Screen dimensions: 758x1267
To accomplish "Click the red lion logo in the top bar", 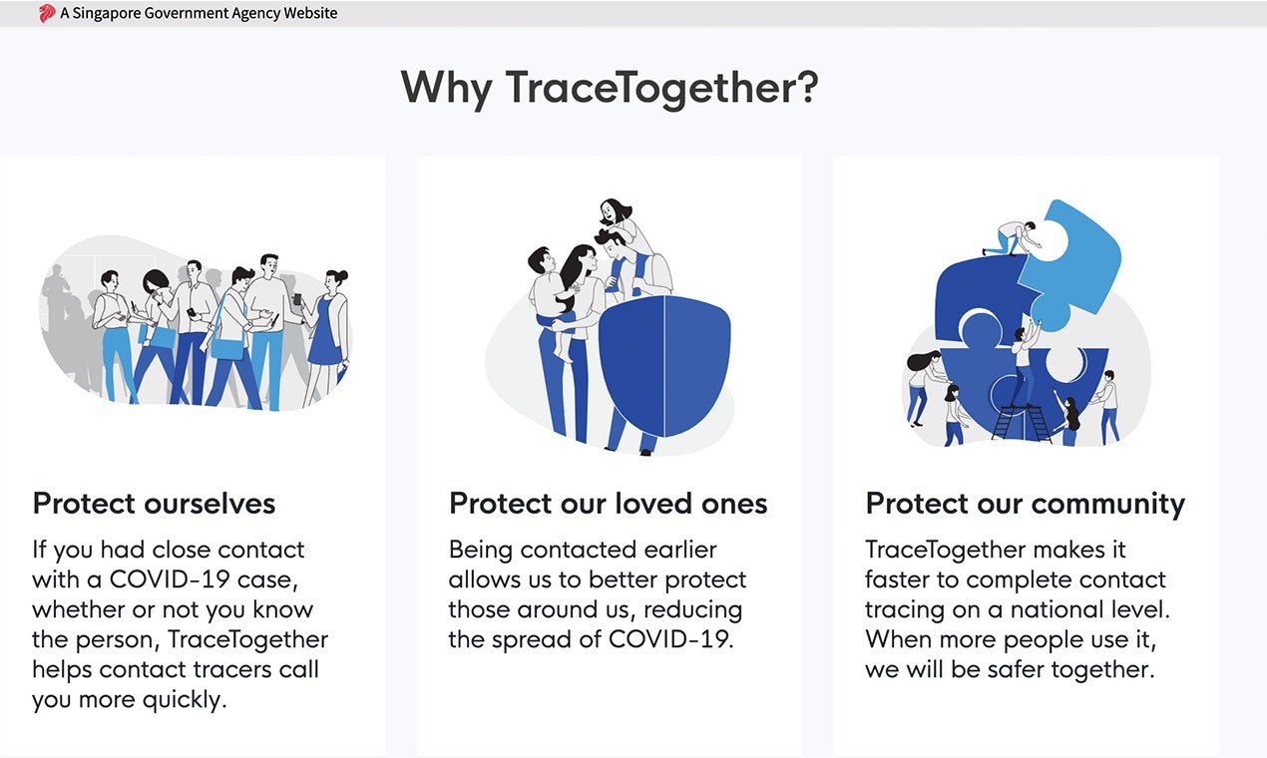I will (47, 14).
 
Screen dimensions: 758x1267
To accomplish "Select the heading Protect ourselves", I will (154, 504).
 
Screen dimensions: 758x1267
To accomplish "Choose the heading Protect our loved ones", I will (608, 504).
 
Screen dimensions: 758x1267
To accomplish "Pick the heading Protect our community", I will (1025, 504).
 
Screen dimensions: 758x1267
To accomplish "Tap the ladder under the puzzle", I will (1020, 422).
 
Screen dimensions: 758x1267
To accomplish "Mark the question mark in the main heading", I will (805, 87).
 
